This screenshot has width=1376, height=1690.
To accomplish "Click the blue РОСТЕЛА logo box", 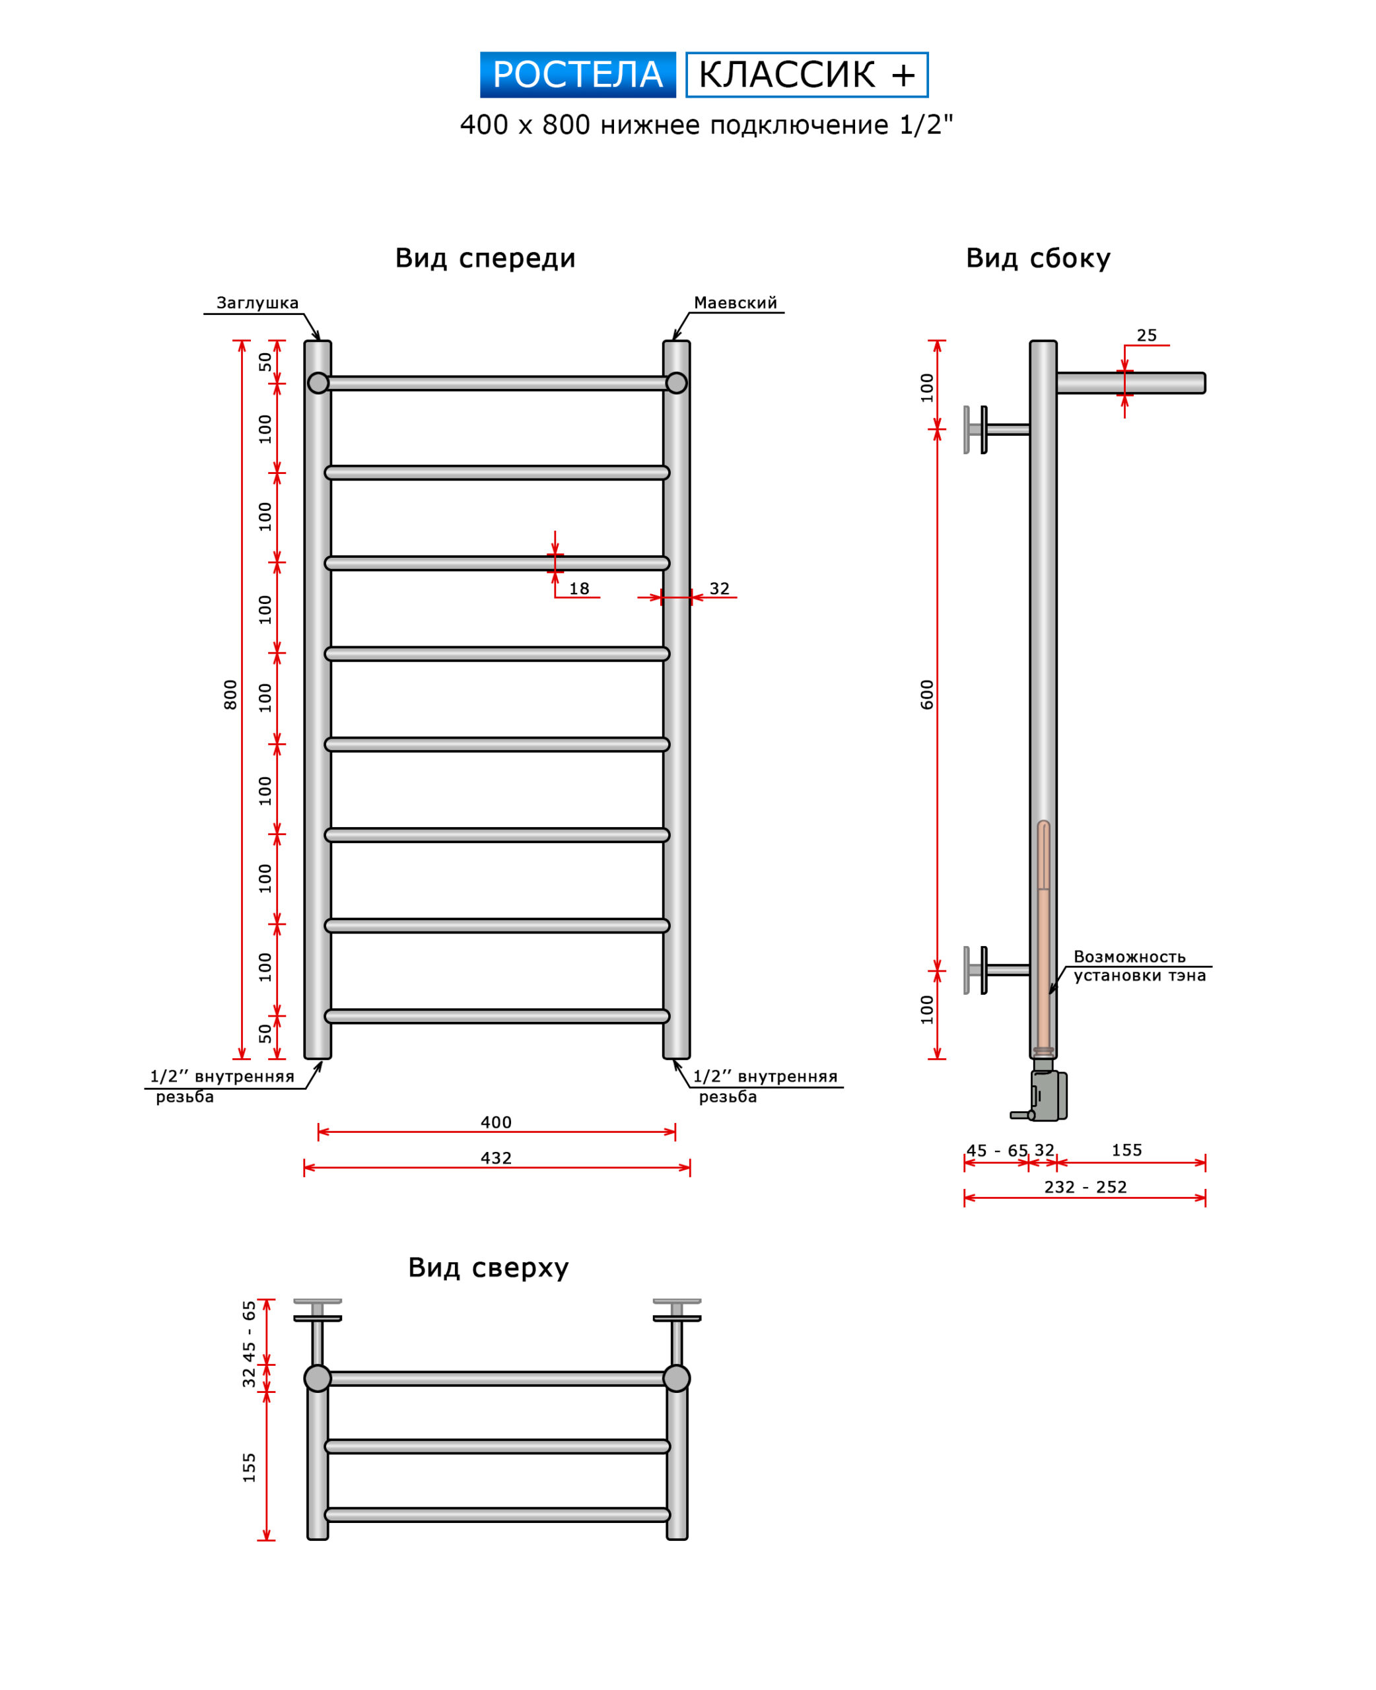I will coord(577,75).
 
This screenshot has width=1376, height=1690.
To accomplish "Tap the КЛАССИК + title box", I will coord(806,75).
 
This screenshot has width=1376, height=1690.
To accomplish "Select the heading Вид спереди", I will coord(485,258).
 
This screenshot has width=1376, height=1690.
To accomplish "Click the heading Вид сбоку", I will coord(1037,258).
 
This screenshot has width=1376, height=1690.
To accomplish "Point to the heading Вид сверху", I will coord(488,1267).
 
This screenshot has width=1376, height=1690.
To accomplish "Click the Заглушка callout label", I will coord(258,302).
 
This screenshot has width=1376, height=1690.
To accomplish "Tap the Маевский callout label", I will coord(735,302).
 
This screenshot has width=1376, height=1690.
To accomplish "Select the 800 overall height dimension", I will coord(230,695).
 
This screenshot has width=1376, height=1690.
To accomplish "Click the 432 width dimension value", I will coord(496,1159).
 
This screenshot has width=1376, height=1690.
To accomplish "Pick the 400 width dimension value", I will coord(496,1123).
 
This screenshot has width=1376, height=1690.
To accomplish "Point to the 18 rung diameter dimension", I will coord(578,589).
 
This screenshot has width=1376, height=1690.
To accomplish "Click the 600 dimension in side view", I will coord(926,695).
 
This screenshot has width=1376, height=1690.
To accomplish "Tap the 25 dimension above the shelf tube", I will coord(1146,335).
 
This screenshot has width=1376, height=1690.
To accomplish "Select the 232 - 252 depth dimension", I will coord(1085,1187).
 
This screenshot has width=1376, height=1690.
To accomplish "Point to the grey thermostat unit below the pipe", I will coord(1048,1096).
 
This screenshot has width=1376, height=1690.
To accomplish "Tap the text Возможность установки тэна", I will coord(1138,966).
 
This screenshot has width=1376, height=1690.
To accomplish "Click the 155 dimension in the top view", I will coord(250,1468).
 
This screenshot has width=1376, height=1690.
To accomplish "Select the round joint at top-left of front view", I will coord(318,384).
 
